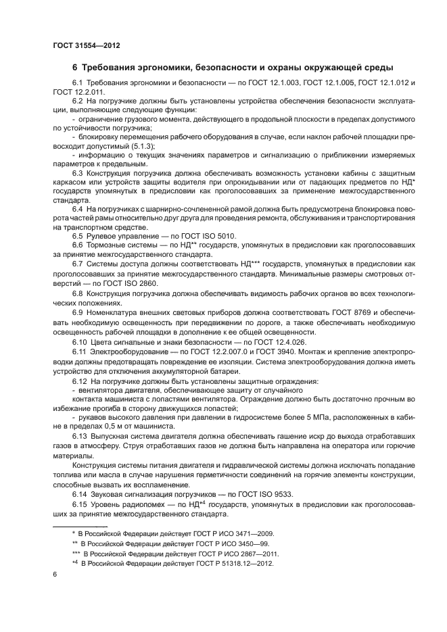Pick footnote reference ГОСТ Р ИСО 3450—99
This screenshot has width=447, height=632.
pos(218,543)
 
